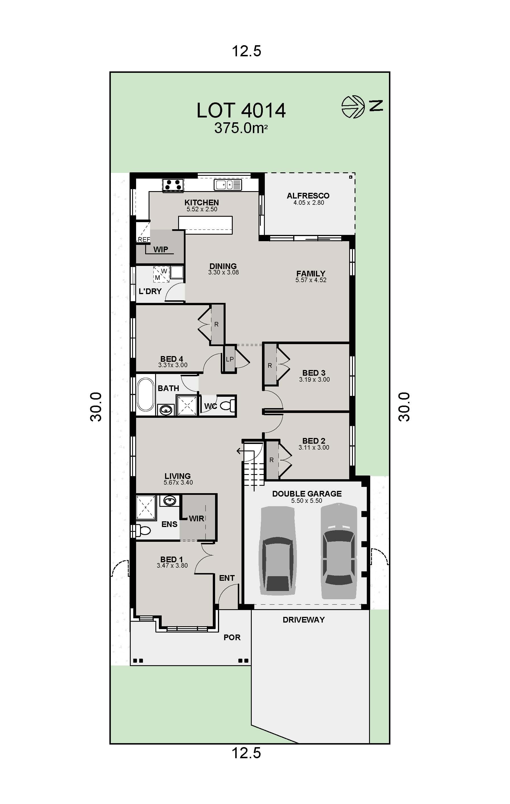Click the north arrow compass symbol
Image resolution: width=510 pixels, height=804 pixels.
(x=353, y=107)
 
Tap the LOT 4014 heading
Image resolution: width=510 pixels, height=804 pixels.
(x=241, y=111)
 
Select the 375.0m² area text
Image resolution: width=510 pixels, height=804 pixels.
(x=241, y=128)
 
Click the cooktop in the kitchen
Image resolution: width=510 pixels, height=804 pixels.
(x=173, y=185)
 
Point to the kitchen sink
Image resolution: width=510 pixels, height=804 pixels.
(x=228, y=185)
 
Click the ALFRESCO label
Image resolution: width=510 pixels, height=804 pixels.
(x=308, y=196)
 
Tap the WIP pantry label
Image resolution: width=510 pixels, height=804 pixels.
(x=161, y=249)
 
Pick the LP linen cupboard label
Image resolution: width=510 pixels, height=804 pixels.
(x=230, y=359)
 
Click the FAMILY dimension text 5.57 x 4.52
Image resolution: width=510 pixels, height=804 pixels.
(x=311, y=280)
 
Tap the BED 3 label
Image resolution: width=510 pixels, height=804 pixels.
(x=314, y=373)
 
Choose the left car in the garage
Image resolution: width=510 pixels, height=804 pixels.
(x=278, y=551)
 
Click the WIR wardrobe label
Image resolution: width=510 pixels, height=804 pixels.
(x=196, y=518)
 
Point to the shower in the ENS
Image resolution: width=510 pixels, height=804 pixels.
(x=146, y=507)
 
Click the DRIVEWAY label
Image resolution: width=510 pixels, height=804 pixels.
(x=303, y=620)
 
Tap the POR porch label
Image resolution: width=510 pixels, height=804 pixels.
(x=232, y=637)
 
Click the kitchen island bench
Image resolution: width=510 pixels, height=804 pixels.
(x=205, y=223)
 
